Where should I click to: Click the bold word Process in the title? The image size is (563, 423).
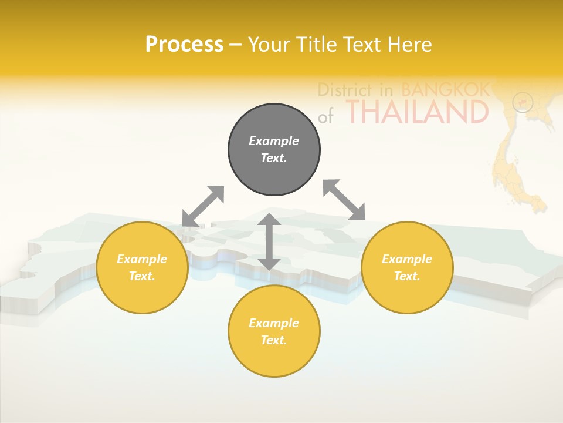point(184,45)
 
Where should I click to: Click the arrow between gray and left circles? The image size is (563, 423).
point(203,206)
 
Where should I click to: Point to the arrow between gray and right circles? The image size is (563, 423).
point(344,200)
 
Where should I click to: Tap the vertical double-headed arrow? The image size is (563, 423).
point(269,242)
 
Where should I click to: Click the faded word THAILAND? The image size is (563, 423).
point(417,112)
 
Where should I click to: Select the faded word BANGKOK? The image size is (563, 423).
point(445,90)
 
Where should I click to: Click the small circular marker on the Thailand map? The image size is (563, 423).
point(522,102)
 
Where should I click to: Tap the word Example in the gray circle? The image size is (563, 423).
point(274,141)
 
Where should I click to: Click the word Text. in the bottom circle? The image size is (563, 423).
point(274,340)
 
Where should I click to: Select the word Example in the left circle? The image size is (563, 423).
point(142,259)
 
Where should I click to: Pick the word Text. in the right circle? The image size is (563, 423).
point(407,276)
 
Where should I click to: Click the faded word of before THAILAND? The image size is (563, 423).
point(325,116)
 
